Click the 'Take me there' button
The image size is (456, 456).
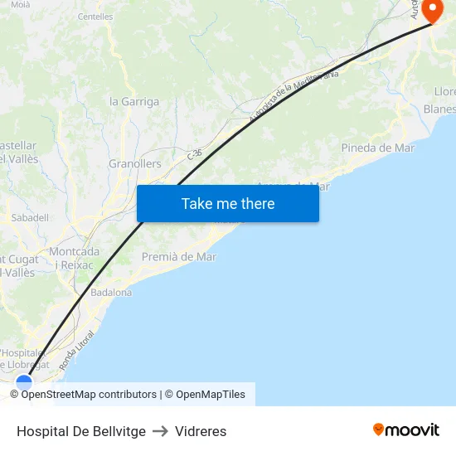(x=228, y=203)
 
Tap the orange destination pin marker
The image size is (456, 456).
(x=433, y=10)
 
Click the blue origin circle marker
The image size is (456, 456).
(x=24, y=383)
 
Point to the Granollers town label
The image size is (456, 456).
(x=135, y=164)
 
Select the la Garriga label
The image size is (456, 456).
(x=134, y=102)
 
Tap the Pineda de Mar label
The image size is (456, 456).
(x=377, y=148)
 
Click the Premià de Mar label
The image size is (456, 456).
(x=179, y=257)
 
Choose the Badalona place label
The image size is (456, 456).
(x=111, y=292)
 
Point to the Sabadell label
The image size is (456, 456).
(x=30, y=217)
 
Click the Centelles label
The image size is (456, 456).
(x=95, y=17)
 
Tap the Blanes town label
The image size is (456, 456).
(x=439, y=109)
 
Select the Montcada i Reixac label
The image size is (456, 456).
(x=74, y=258)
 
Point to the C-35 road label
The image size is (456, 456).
(x=195, y=154)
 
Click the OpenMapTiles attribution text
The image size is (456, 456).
(x=210, y=395)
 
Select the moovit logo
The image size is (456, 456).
(x=405, y=429)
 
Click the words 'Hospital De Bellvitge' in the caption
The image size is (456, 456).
(x=81, y=431)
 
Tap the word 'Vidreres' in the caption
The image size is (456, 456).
(x=201, y=431)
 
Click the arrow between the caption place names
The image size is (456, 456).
(x=160, y=431)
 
